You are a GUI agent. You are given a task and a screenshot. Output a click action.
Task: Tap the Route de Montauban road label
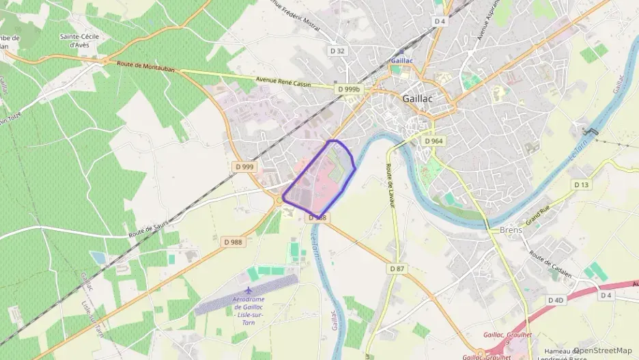pos(145,66)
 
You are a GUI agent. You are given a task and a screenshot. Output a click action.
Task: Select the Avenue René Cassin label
pos(283,82)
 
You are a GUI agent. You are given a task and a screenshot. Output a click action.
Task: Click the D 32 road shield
pos(337,51)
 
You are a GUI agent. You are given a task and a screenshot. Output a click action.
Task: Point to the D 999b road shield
pos(348,89)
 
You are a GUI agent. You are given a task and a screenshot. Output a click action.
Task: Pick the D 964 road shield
pos(434,141)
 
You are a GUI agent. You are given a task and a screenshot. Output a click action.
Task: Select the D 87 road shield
pos(397,268)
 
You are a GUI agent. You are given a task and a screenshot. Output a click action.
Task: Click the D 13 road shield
pos(582,184)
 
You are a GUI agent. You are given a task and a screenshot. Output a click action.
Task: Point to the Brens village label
pos(511,230)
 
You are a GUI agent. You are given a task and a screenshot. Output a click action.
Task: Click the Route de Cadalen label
pos(550,261)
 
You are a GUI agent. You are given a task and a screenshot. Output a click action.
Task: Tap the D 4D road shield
pos(556,300)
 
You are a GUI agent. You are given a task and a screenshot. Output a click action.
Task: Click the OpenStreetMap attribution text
pos(602,350)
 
